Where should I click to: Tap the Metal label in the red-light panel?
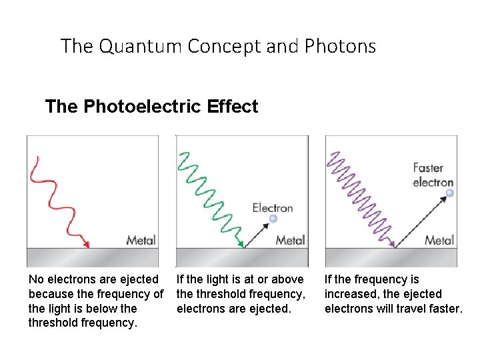[141, 240]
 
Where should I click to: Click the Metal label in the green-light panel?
[290, 240]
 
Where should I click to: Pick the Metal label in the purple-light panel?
[439, 240]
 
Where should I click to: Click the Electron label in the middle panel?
[273, 208]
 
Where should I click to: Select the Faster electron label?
[433, 175]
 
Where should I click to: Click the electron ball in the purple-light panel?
[450, 193]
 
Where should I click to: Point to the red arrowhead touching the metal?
[87, 245]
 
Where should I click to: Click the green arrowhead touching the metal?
[241, 245]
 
